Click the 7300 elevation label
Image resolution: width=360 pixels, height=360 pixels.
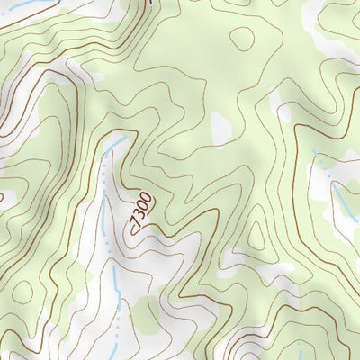point(141,210)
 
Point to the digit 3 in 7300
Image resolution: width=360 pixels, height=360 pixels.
point(139,213)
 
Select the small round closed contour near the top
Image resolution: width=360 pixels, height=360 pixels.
point(242,38)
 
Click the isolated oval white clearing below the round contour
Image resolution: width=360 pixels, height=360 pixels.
point(221,128)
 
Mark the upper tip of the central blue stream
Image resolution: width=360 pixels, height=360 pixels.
point(121,139)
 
